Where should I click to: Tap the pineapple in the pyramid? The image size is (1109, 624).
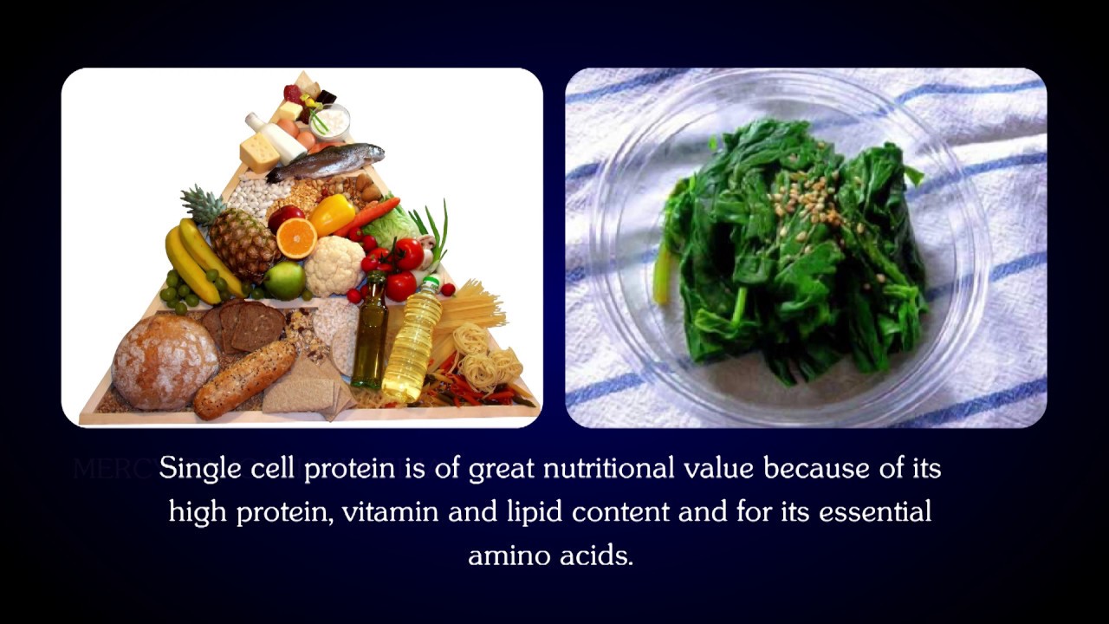pos(242,240)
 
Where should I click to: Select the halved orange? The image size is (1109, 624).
pos(296,238)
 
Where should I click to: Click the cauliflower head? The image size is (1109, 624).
pos(334,265)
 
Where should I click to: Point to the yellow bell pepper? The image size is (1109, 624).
pos(332,214)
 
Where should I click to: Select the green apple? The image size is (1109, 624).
pos(284,280)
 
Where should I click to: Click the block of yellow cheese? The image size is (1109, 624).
pos(260,153)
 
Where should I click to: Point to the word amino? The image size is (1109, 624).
pos(503,555)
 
